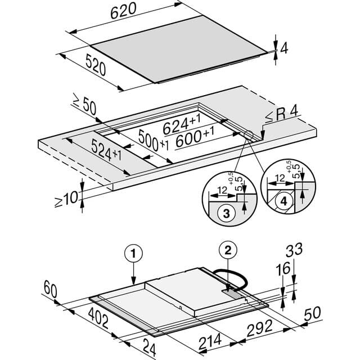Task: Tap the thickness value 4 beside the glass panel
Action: coord(284,48)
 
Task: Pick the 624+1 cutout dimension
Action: coord(182,125)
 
